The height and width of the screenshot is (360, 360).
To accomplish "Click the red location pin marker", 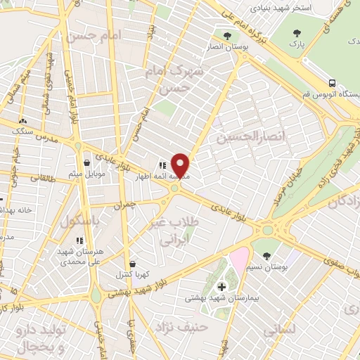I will pos(181,165).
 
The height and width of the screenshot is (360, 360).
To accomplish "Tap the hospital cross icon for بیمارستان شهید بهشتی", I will pos(222,286).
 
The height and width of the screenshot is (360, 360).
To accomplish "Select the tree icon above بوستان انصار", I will pos(226,37).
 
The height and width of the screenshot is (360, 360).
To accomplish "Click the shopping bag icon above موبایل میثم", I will pos(86,162).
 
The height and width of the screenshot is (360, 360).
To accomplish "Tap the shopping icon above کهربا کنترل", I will pos(133,264).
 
